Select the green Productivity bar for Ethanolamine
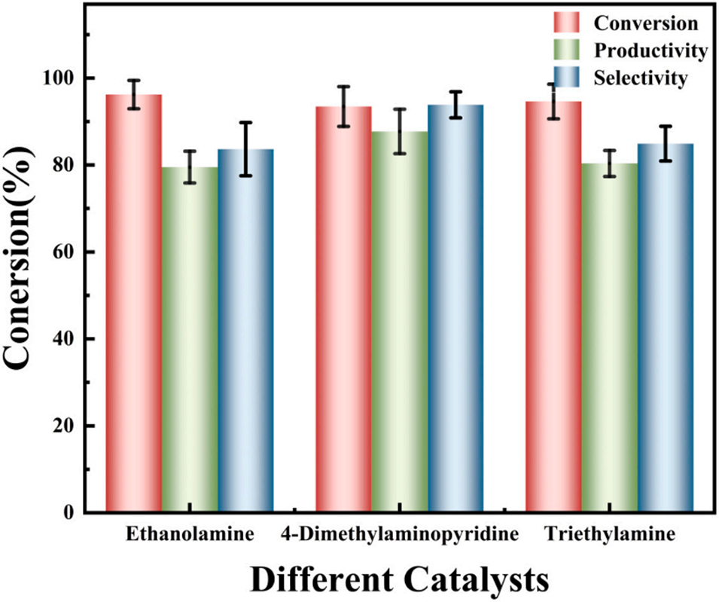coord(190,339)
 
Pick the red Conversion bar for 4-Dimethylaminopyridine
coord(343,309)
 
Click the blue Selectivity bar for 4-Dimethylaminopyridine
coord(455,308)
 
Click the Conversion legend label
coord(645,23)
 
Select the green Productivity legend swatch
coord(566,50)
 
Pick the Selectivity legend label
coord(640,78)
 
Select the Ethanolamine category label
coord(190,536)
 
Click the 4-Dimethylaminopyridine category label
coord(400,536)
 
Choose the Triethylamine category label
coord(609,536)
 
